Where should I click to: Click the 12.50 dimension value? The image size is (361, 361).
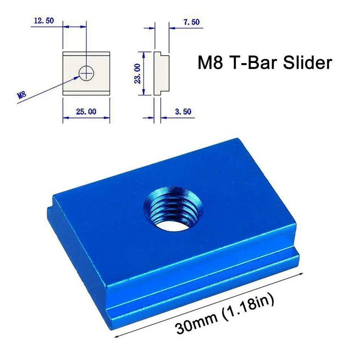click(x=44, y=21)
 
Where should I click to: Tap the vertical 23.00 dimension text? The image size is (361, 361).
click(x=137, y=74)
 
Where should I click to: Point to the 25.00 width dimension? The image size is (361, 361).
click(x=86, y=112)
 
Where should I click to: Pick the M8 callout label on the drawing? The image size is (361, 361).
click(x=22, y=96)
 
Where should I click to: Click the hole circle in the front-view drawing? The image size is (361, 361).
click(x=86, y=73)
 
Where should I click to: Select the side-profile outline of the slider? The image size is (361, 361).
click(x=159, y=74)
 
